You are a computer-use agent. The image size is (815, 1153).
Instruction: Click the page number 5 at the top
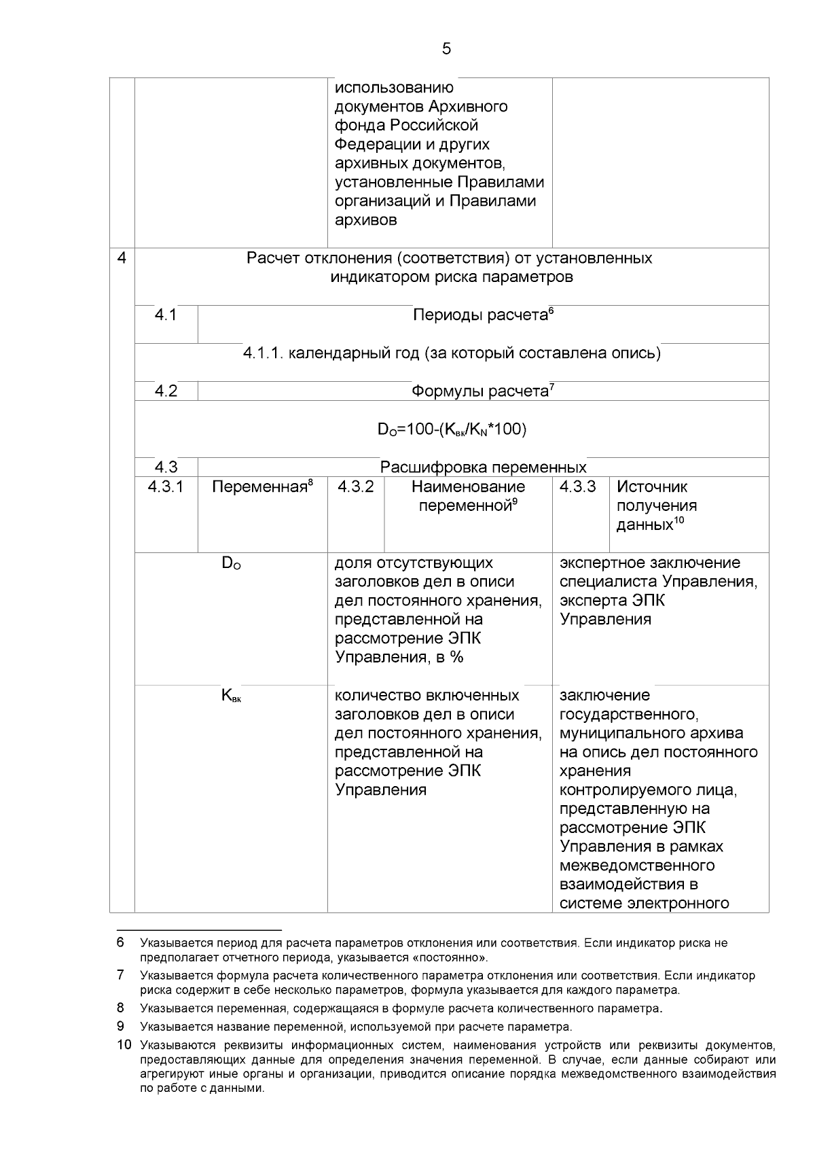coord(446,49)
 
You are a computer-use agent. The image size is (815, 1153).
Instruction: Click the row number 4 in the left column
coord(122,259)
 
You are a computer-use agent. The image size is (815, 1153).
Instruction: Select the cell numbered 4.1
coord(166,315)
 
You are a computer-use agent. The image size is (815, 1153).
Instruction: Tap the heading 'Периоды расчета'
coord(483,315)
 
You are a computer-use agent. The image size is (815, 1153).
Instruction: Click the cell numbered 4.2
coord(166,391)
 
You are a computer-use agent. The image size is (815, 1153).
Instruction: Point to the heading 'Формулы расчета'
coord(483,391)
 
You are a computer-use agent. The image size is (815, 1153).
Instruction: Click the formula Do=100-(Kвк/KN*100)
coord(452,429)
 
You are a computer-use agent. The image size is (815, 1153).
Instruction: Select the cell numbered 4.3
coord(166,467)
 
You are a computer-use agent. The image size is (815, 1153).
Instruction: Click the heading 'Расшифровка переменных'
coord(483,467)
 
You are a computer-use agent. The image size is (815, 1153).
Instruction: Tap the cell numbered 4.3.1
coord(166,487)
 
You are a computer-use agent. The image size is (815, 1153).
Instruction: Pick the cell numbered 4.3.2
coord(356,487)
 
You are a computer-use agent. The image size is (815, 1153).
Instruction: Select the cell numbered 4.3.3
coord(578,487)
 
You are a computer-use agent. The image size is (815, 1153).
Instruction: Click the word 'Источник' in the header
coord(652,487)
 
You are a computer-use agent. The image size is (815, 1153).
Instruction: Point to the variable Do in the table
coord(231,564)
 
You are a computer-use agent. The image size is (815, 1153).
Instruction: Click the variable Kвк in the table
coord(231,696)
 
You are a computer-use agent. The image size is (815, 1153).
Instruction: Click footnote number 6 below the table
coord(120,943)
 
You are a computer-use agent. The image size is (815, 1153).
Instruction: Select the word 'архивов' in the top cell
coord(366,220)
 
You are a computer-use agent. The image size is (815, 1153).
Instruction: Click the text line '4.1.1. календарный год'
coord(452,353)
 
